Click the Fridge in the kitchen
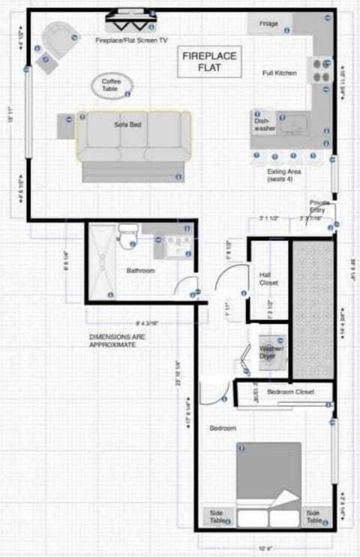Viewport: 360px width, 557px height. pyautogui.click(x=269, y=24)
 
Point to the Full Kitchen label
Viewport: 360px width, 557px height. pyautogui.click(x=279, y=73)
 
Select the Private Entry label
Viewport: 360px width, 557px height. pyautogui.click(x=318, y=207)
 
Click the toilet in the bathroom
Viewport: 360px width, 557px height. pyautogui.click(x=127, y=235)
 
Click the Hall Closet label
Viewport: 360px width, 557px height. pyautogui.click(x=268, y=279)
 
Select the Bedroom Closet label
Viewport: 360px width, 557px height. pyautogui.click(x=289, y=392)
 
